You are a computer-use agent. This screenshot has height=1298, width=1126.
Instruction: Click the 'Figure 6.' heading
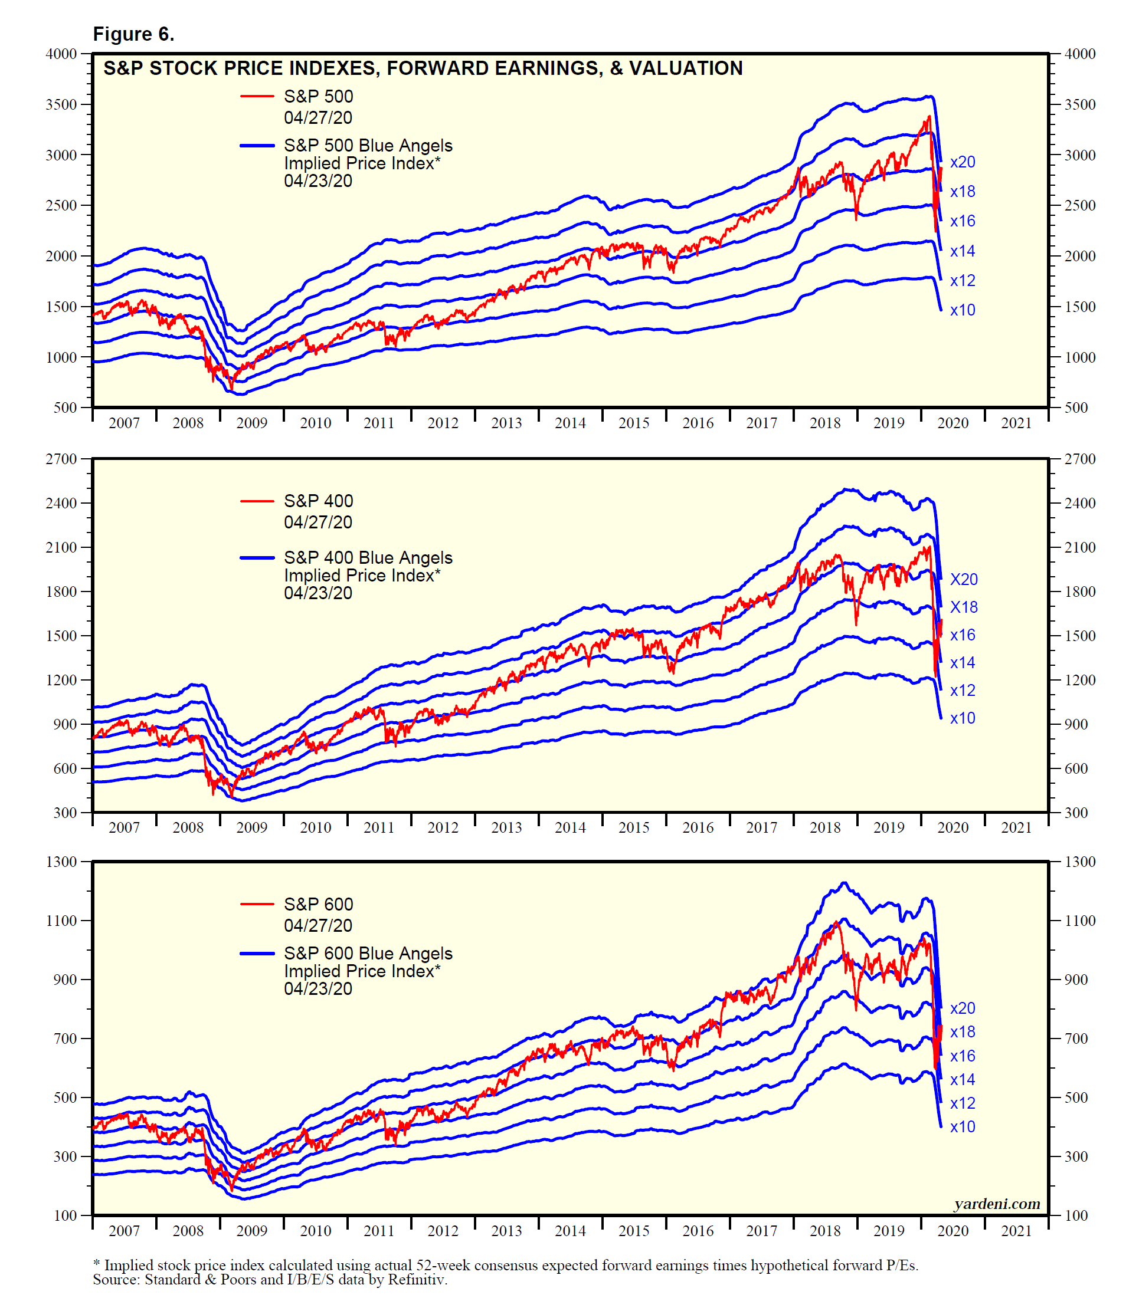click(133, 34)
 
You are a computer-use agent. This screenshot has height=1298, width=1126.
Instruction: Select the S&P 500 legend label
click(319, 96)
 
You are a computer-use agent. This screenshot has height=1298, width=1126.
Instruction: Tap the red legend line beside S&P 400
click(257, 501)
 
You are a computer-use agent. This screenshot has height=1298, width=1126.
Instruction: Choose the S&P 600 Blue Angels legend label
click(368, 953)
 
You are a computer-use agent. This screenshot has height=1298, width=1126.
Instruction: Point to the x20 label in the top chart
click(963, 162)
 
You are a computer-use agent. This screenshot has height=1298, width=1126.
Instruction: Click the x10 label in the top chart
click(963, 310)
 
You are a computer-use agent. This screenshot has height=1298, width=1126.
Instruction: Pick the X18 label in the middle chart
click(964, 607)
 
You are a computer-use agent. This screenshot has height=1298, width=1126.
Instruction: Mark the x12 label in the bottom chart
click(963, 1103)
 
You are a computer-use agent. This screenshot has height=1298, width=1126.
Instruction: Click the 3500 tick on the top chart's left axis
click(61, 104)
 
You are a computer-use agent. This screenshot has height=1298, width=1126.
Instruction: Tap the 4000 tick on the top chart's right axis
click(1080, 54)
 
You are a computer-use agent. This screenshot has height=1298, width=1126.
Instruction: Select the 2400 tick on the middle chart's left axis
click(61, 503)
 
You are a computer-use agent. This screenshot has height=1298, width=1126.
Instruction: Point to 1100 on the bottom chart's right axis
click(1080, 921)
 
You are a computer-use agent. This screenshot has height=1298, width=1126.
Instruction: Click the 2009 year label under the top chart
click(252, 423)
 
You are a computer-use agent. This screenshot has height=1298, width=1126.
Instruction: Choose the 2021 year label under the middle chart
click(1017, 827)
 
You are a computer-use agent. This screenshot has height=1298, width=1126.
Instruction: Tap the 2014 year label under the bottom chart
click(571, 1231)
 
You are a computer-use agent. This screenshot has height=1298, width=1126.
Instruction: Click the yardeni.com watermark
click(997, 1204)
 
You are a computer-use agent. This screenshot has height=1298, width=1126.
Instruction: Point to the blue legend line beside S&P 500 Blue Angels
click(257, 146)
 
